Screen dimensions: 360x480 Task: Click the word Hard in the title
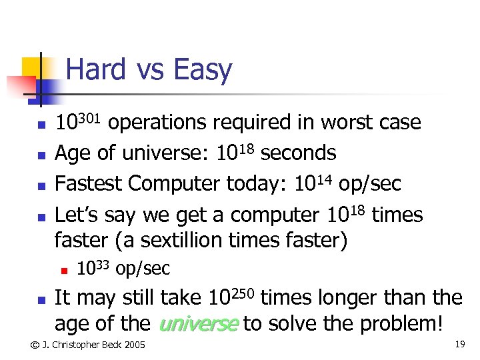tap(96, 70)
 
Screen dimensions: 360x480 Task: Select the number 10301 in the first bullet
tap(77, 121)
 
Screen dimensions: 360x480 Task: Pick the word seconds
tap(298, 153)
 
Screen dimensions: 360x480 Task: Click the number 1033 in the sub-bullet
tap(93, 268)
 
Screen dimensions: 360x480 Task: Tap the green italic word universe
tap(198, 324)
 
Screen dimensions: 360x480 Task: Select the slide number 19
tap(459, 344)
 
